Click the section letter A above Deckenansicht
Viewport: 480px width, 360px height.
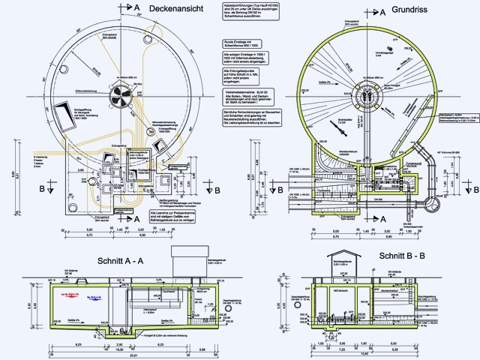tap(137, 5)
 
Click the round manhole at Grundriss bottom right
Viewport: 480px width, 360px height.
tap(433, 202)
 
